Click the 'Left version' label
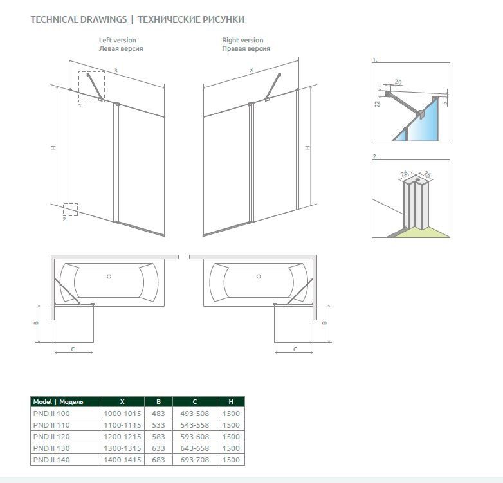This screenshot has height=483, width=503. pos(118,40)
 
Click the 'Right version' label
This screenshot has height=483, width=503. pos(242,40)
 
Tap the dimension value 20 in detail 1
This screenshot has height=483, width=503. pos(398,82)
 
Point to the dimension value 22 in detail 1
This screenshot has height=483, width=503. pos(377,103)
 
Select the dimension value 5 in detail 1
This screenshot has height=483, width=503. pos(444,103)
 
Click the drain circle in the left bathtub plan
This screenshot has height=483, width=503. pos(109,277)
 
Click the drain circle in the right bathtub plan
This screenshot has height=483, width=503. pos(259,277)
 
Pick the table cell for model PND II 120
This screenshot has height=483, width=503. pos(51,437)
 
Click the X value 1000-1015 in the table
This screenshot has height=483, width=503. pos(122,414)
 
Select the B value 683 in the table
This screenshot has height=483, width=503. pos(158,460)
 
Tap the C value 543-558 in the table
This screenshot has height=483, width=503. pos(195,425)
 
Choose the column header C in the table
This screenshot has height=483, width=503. pos(195,401)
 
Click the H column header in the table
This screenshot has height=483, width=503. pos(231,401)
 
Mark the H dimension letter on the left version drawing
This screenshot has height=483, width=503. pos(53,147)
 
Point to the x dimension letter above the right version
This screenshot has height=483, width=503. pos(251,70)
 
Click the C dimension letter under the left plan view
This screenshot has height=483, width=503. pos(73,349)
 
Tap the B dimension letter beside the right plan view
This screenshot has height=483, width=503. pos(324,323)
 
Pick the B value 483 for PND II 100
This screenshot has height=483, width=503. pos(158,414)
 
